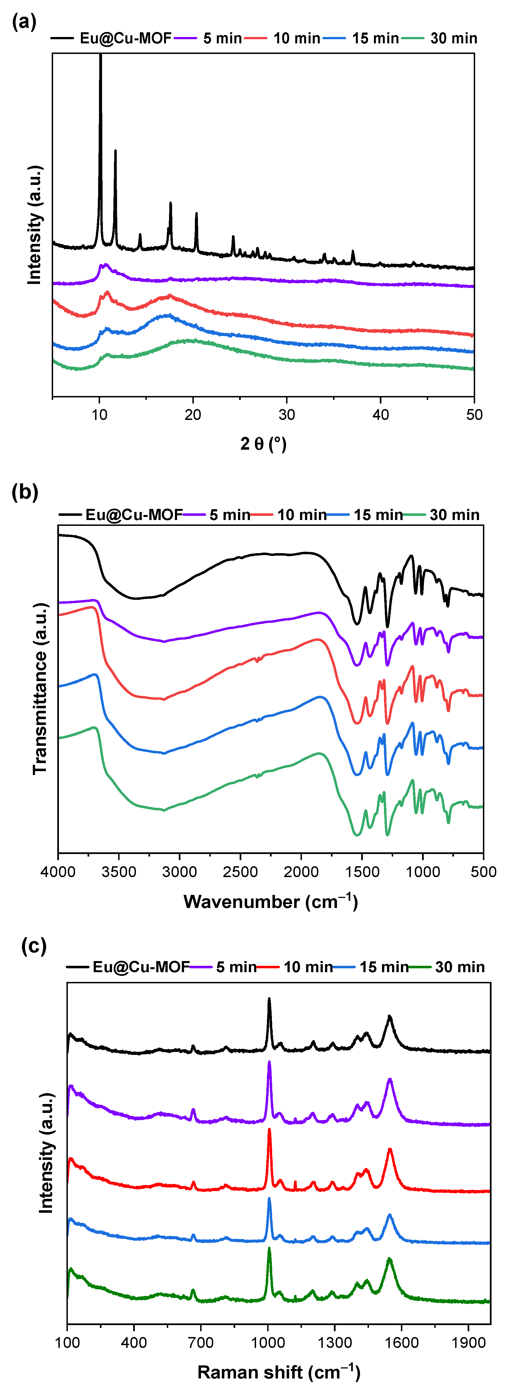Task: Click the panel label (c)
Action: tap(34, 946)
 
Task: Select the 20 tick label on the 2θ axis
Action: tap(193, 415)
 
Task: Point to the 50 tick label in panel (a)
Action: tap(474, 415)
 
